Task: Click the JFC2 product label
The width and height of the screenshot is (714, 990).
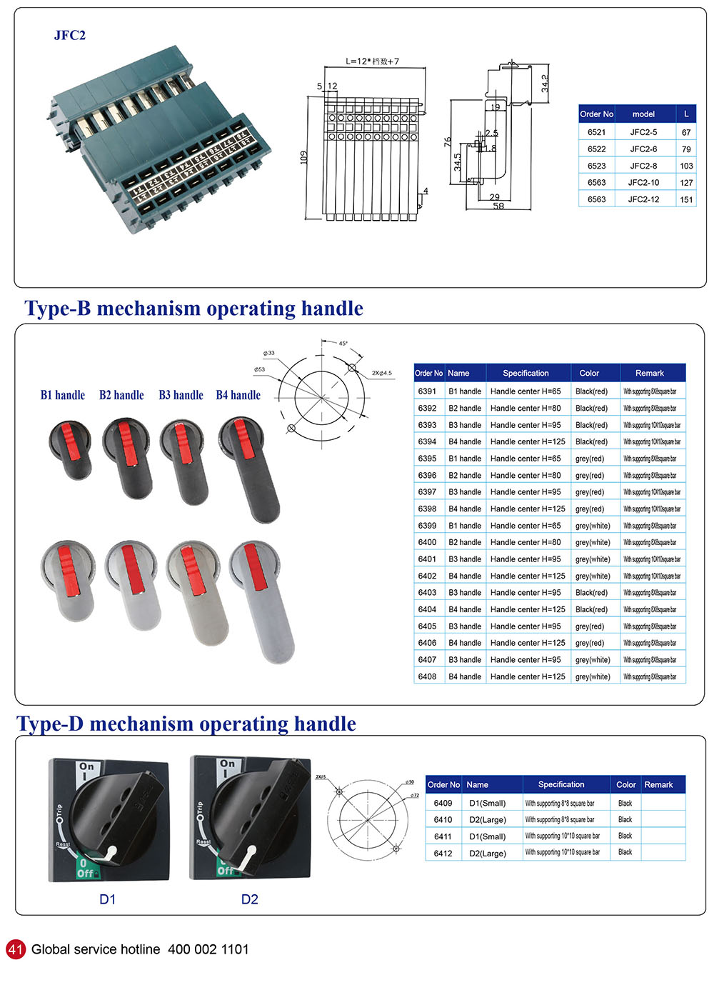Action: point(69,36)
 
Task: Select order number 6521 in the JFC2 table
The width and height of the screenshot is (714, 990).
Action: point(596,132)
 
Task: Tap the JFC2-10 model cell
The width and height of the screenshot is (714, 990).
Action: point(643,183)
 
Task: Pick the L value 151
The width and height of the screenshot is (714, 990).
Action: point(686,200)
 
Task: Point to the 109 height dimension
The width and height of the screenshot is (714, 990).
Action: point(303,157)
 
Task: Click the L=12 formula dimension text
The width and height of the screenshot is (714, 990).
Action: point(372,61)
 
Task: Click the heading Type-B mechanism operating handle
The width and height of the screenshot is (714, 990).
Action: point(193,309)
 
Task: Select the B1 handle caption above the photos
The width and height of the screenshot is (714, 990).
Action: point(63,395)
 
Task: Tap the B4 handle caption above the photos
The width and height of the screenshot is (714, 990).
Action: point(238,395)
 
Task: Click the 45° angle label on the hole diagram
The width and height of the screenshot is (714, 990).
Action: point(343,344)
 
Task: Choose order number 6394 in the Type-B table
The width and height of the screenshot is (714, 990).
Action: point(427,442)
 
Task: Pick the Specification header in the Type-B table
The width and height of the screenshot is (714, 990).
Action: point(526,373)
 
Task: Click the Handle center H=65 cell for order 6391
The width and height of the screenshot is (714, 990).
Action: point(526,391)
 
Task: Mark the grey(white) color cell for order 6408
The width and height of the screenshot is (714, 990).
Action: point(593,676)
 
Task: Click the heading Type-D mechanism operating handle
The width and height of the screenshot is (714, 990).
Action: point(186,724)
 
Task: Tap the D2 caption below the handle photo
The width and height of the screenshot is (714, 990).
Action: point(249,899)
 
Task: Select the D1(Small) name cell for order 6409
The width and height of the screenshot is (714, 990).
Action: point(487,804)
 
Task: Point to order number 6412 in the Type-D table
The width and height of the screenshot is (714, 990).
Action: point(443,854)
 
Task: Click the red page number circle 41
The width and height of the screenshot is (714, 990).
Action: point(16,949)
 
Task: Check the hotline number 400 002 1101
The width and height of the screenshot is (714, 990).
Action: point(208,949)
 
